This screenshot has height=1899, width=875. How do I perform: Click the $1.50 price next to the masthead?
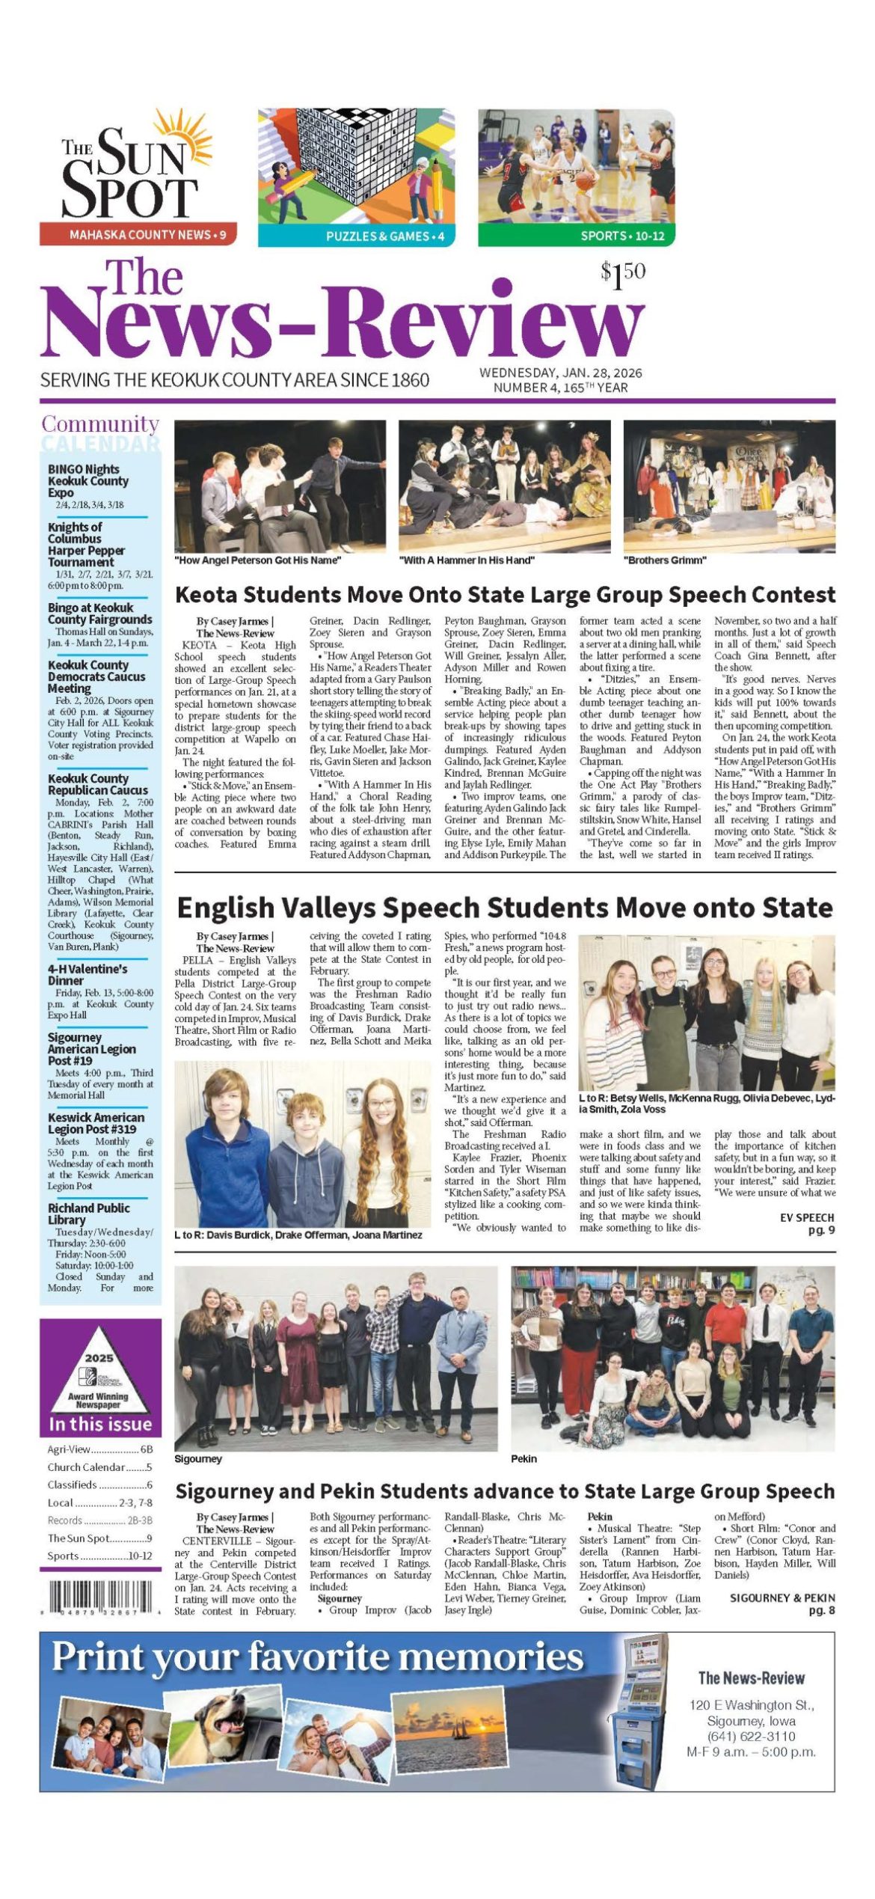click(x=622, y=275)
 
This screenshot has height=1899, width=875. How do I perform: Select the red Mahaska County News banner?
click(x=138, y=235)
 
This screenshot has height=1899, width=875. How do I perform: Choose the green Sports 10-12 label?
click(x=576, y=236)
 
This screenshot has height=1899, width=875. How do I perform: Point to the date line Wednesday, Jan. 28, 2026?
click(x=560, y=373)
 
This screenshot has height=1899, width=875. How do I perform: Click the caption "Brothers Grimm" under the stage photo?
click(x=665, y=560)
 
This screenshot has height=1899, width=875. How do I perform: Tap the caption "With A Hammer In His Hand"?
click(x=467, y=560)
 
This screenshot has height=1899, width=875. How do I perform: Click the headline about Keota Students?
click(x=505, y=595)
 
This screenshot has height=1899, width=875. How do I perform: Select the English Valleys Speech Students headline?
click(x=505, y=908)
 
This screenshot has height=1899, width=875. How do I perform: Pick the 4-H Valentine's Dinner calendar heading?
click(x=87, y=974)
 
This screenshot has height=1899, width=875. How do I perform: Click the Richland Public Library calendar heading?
click(x=88, y=1214)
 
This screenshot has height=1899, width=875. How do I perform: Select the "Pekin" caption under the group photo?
click(x=524, y=1458)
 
